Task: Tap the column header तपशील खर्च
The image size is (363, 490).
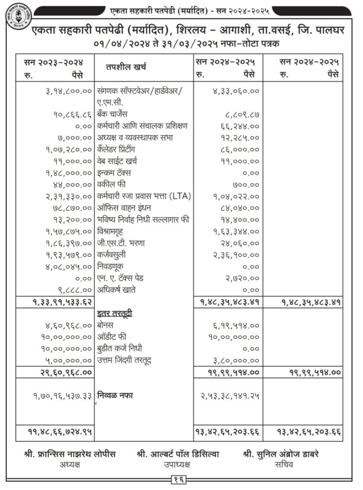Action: coord(126,67)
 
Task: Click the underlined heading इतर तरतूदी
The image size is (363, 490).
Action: coord(114,314)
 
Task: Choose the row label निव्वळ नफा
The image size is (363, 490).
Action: coord(115,396)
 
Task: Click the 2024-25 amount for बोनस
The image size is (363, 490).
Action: coord(236,325)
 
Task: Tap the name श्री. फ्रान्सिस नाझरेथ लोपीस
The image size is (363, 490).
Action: coord(70,454)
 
